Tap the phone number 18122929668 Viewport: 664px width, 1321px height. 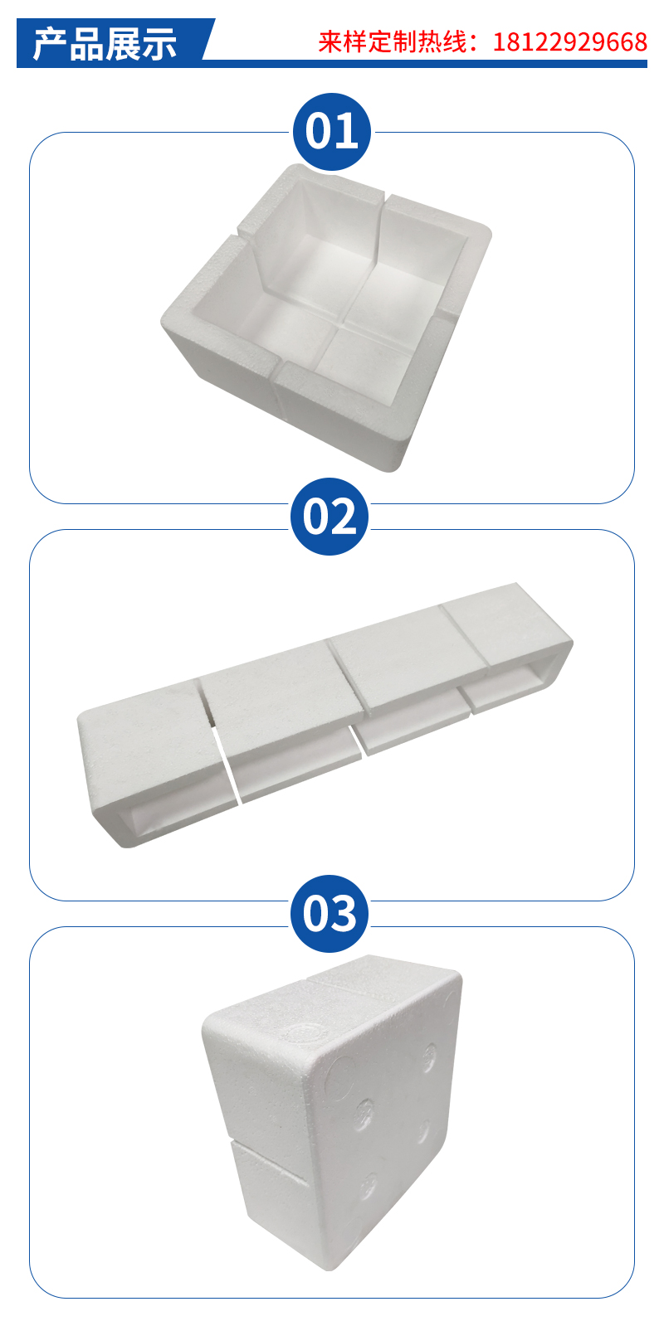click(569, 42)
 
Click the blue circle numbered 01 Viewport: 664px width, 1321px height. click(332, 132)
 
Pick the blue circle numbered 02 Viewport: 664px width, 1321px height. click(330, 516)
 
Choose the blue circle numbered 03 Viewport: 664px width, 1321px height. click(330, 914)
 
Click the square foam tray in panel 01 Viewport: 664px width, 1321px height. click(326, 318)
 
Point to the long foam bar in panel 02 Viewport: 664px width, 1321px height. click(325, 715)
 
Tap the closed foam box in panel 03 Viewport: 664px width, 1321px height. click(332, 1109)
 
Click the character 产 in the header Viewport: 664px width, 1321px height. click(51, 44)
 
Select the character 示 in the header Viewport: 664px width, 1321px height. click(159, 44)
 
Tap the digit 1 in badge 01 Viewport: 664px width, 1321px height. click(346, 132)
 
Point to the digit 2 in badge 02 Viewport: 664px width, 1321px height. click(343, 517)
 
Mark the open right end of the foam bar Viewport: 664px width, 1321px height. click(528, 677)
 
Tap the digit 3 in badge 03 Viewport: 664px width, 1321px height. click(344, 914)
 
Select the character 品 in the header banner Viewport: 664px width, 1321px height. click(87, 44)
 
